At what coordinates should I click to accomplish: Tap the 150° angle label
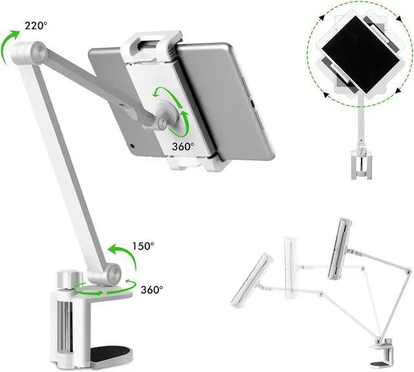[142, 246]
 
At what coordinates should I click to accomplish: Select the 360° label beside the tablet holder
[183, 146]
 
